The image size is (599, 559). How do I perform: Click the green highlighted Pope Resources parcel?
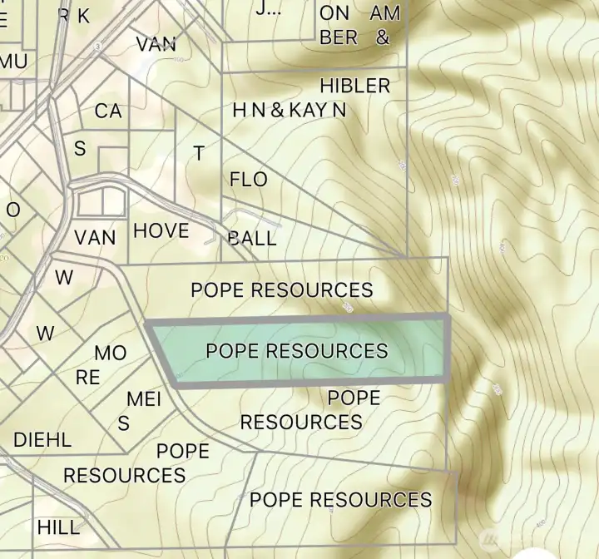[x=297, y=350]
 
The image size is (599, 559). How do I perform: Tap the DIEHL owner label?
[x=42, y=439]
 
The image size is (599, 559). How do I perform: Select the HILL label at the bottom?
[x=58, y=527]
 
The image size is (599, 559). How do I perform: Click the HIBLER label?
[x=354, y=86]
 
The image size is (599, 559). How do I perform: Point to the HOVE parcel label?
[x=161, y=230]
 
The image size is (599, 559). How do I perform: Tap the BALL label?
[x=252, y=239]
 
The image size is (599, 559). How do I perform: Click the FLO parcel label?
[x=248, y=179]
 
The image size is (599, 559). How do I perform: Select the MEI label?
[x=144, y=399]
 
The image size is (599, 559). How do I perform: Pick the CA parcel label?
[x=108, y=111]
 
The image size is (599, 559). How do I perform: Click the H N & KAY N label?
[x=289, y=110]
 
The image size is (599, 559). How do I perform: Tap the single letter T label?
[x=199, y=153]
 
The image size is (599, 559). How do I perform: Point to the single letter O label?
[x=12, y=210]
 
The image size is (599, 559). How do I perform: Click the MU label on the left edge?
[x=13, y=62]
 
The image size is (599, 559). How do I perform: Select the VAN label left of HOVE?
[x=95, y=237]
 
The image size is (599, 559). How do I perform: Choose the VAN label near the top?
[x=156, y=44]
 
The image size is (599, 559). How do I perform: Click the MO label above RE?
[x=110, y=353]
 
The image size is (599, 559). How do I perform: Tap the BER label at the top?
[x=339, y=37]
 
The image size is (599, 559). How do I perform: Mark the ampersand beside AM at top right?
[x=382, y=37]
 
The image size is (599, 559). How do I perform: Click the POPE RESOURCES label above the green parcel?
[x=281, y=289]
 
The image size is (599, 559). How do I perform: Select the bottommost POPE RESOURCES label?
[x=340, y=499]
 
